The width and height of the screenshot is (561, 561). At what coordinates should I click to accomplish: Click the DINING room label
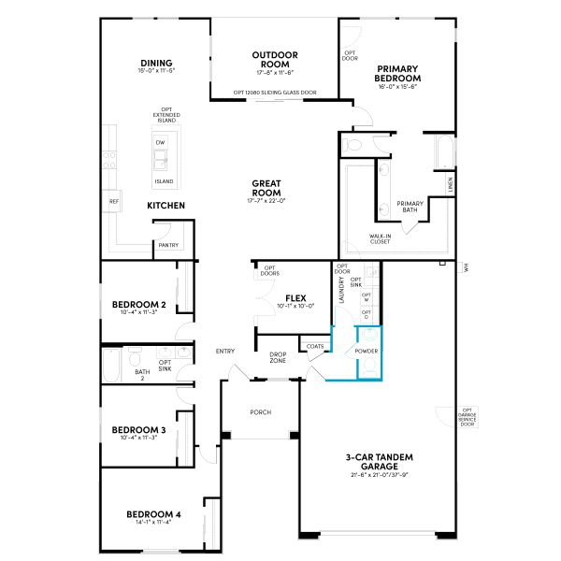coord(157,64)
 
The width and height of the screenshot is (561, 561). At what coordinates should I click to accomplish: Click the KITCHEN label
coord(165,205)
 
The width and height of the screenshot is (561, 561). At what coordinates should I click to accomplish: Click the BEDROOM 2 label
coord(138,305)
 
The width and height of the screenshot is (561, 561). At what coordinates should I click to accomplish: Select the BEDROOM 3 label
coord(138,430)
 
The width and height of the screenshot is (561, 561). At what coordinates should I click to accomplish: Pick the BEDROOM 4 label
coord(153,514)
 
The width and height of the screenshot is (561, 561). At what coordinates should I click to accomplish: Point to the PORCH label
coord(260,412)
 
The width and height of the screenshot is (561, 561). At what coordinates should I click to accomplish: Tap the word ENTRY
coord(225,351)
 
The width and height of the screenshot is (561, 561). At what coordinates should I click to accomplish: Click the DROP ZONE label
coord(278,357)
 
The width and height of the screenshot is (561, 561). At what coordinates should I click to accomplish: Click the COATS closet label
coord(314,347)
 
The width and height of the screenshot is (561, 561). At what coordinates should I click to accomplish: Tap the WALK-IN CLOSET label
coord(380,239)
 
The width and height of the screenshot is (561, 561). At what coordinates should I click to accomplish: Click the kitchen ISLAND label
coord(164,181)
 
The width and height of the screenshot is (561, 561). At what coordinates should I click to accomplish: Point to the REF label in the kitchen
coord(114,201)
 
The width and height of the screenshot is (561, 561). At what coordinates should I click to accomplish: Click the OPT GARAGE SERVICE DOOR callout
coord(467,416)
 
